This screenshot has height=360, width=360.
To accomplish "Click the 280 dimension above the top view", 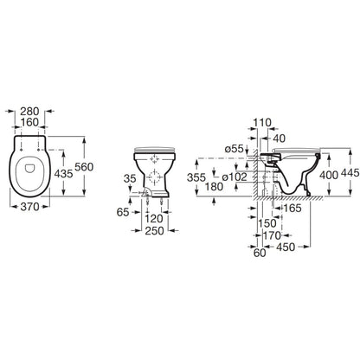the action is (29, 112).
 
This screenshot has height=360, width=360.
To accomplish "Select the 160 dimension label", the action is (29, 122).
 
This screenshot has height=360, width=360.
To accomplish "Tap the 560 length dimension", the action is (84, 167).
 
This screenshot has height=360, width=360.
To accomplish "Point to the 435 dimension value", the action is (63, 174).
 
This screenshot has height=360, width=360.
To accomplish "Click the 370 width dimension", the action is (29, 207).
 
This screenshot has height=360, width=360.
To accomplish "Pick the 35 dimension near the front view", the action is (130, 178).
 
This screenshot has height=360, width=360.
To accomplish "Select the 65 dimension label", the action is (123, 212).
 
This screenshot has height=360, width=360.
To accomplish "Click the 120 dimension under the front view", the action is (154, 219).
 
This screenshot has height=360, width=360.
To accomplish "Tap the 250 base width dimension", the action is (155, 231).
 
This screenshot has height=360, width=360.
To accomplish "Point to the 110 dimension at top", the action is (262, 123).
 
